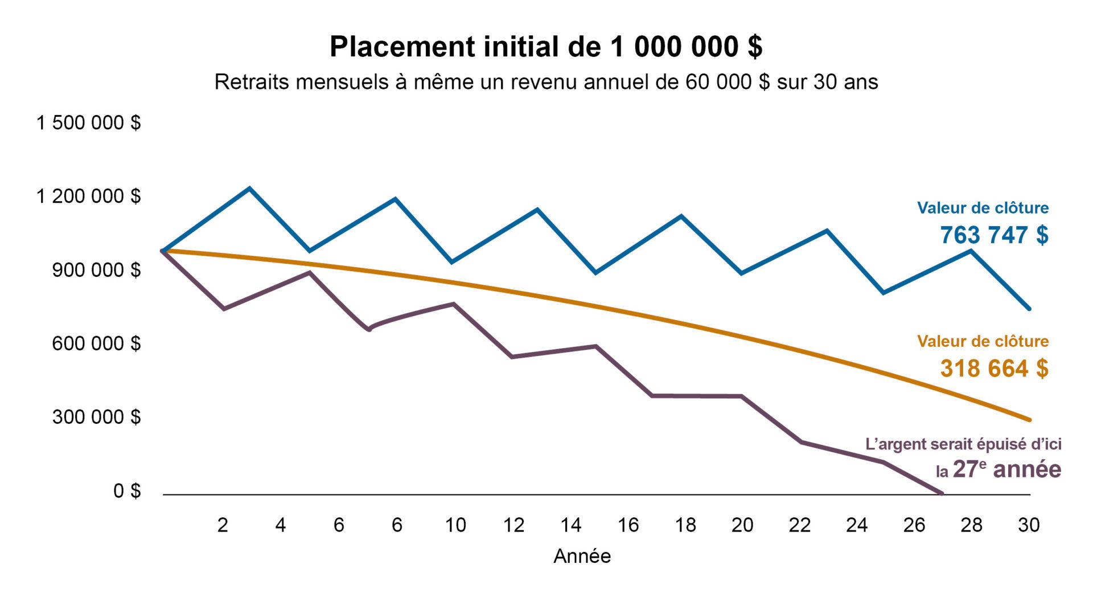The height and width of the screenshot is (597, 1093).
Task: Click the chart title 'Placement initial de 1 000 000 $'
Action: pyautogui.click(x=545, y=47)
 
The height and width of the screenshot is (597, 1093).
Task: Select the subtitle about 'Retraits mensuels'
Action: pyautogui.click(x=545, y=82)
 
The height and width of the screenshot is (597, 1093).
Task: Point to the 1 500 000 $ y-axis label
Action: pyautogui.click(x=88, y=122)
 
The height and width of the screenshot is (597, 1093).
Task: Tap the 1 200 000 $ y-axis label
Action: pyautogui.click(x=88, y=196)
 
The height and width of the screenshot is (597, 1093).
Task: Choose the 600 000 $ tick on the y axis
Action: pyautogui.click(x=96, y=344)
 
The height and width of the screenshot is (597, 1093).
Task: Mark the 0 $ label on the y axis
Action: pyautogui.click(x=126, y=490)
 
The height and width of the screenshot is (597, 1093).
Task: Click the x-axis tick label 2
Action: pyautogui.click(x=223, y=525)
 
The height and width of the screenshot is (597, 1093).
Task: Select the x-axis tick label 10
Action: pyautogui.click(x=455, y=525)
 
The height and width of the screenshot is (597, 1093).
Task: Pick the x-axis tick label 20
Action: pyautogui.click(x=742, y=525)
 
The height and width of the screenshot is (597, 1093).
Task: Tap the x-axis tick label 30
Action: pyautogui.click(x=1029, y=525)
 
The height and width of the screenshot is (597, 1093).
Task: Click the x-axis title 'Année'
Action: pyautogui.click(x=582, y=556)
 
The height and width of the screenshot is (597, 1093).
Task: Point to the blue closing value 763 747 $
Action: pyautogui.click(x=994, y=235)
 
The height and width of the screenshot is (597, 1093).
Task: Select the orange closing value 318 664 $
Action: pyautogui.click(x=994, y=369)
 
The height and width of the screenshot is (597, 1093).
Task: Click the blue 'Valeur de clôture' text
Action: pyautogui.click(x=983, y=208)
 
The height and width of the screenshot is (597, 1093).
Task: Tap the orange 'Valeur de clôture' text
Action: pyautogui.click(x=983, y=341)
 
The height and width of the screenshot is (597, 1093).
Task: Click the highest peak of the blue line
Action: pyautogui.click(x=249, y=188)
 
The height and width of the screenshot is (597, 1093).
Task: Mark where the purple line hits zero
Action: pyautogui.click(x=941, y=493)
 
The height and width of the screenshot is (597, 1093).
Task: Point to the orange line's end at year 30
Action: pyautogui.click(x=1029, y=420)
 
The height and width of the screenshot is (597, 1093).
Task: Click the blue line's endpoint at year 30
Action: pyautogui.click(x=1029, y=309)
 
